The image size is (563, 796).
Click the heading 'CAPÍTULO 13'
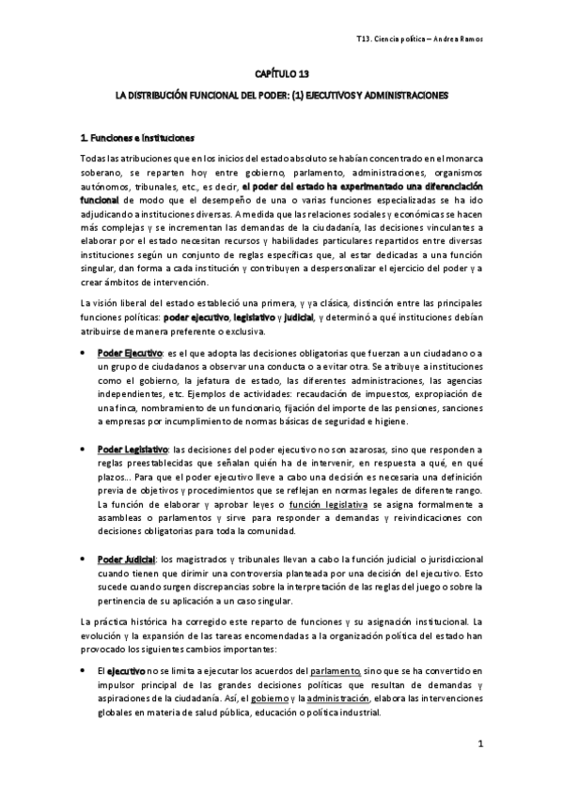coord(282,72)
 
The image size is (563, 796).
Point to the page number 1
coord(479,745)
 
